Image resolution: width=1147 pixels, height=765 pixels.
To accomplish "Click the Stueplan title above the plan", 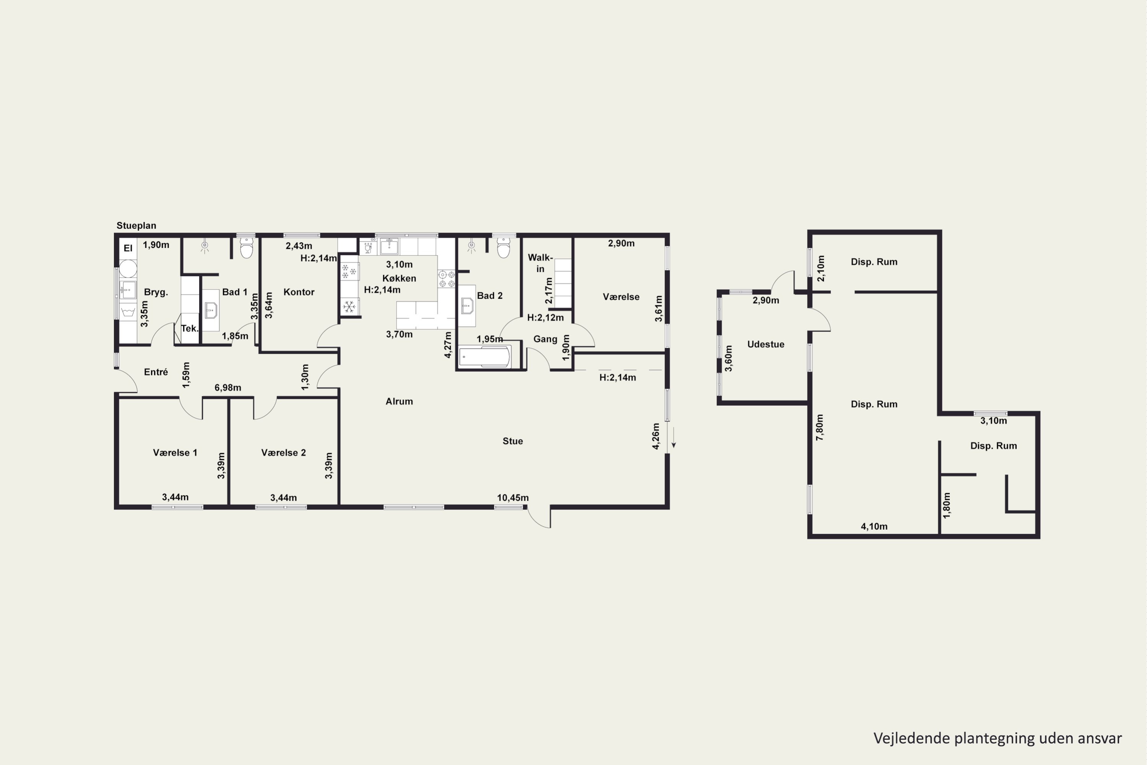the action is (x=136, y=225).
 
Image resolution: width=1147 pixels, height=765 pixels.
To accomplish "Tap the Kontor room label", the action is (x=299, y=292).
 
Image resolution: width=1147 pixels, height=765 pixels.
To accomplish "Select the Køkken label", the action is (x=399, y=278).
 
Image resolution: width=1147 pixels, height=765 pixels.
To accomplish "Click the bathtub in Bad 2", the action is (x=485, y=356).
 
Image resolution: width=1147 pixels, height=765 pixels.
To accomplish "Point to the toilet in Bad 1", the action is (x=247, y=247).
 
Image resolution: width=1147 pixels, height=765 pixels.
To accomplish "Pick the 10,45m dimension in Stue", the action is (x=513, y=498).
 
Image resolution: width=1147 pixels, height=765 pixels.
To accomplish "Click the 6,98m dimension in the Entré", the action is (x=228, y=387).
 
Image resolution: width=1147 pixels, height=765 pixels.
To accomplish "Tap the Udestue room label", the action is (x=766, y=344).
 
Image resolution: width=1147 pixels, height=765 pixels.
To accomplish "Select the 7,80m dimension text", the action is (x=820, y=427).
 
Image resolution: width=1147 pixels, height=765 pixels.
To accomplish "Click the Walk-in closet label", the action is (x=540, y=263).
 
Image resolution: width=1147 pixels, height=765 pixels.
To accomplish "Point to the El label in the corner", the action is (x=128, y=248).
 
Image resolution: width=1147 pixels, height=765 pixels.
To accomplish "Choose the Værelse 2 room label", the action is (x=283, y=452).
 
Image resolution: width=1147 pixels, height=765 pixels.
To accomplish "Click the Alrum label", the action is (x=399, y=401).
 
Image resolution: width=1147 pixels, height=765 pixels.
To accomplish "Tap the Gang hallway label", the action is (x=545, y=339).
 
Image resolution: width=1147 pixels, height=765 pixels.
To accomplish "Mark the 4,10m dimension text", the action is (x=874, y=526).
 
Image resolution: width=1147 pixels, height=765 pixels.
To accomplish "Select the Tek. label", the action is (x=190, y=328).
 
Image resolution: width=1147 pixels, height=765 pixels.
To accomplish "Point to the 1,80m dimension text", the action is (x=947, y=505).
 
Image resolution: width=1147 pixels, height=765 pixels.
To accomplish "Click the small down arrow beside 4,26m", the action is (x=673, y=438).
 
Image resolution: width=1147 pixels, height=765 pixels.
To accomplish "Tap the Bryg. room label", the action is (x=156, y=292).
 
